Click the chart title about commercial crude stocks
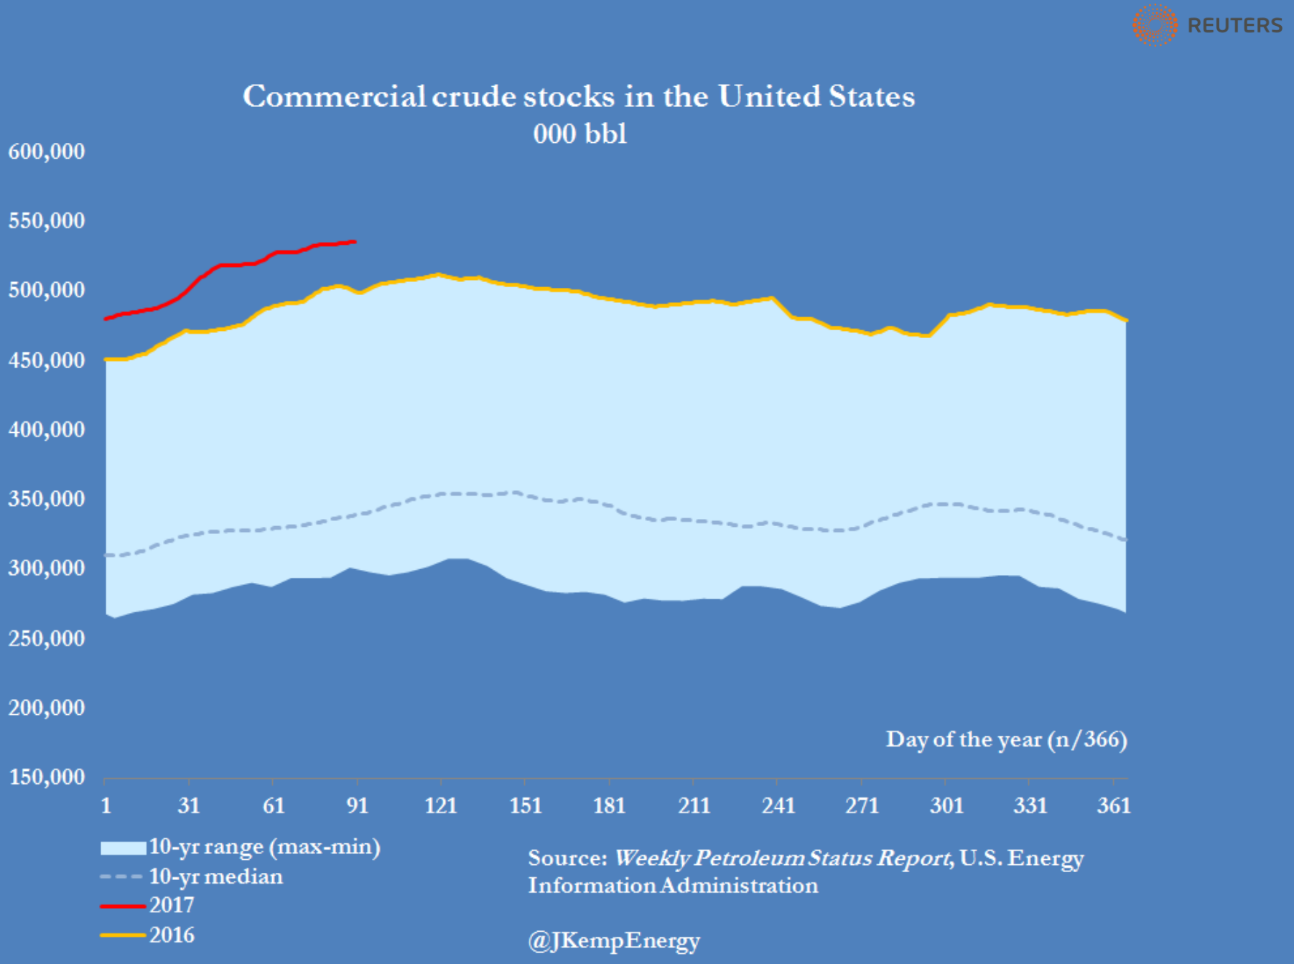(579, 96)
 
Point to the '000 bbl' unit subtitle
(579, 134)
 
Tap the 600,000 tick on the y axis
(47, 151)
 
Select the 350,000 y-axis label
(47, 499)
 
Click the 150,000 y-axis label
(47, 777)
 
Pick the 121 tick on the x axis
(441, 805)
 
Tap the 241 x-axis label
(778, 805)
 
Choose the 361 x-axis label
(1114, 805)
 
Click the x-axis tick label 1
(106, 805)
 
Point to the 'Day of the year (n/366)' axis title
(1006, 739)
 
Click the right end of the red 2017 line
(355, 242)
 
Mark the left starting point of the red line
(106, 319)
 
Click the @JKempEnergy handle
(614, 940)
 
